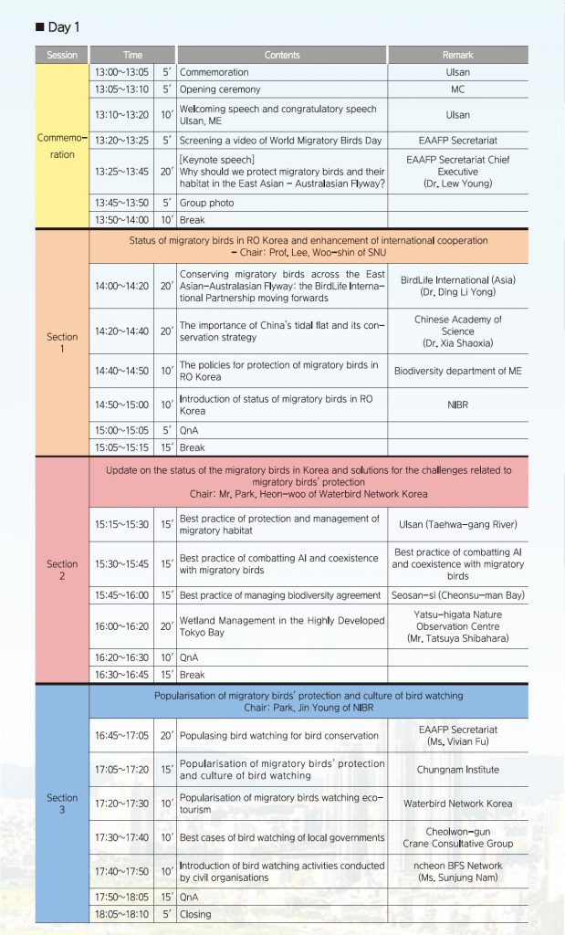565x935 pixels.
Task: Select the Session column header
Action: pyautogui.click(x=62, y=55)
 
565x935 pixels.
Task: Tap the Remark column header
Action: pyautogui.click(x=457, y=55)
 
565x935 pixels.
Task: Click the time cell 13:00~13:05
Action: pyautogui.click(x=122, y=72)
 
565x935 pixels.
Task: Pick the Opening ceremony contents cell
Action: pyautogui.click(x=220, y=89)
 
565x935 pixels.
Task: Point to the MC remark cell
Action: pyautogui.click(x=457, y=89)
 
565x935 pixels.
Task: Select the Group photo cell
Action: pyautogui.click(x=206, y=203)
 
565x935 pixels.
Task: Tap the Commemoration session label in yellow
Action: pyautogui.click(x=62, y=147)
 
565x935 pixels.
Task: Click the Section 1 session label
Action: pyautogui.click(x=62, y=342)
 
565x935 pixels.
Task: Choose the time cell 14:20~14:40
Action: pyautogui.click(x=122, y=331)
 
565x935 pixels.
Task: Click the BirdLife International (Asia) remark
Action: pyautogui.click(x=457, y=279)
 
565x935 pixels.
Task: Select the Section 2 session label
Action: pyautogui.click(x=62, y=570)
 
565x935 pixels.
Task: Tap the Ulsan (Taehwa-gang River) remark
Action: pyautogui.click(x=457, y=524)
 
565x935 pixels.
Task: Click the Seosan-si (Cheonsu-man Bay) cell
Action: pyautogui.click(x=457, y=595)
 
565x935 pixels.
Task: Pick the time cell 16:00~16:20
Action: pyautogui.click(x=122, y=627)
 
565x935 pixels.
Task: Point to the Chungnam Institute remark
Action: pyautogui.click(x=457, y=770)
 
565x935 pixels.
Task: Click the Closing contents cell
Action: pyautogui.click(x=195, y=913)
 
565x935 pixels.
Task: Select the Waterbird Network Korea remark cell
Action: pyautogui.click(x=457, y=804)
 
